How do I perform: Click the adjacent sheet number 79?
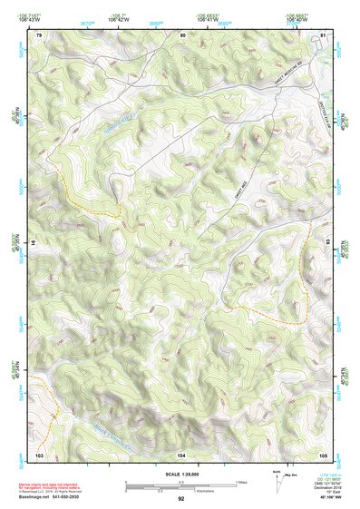pyautogui.click(x=39, y=34)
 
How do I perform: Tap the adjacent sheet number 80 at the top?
pyautogui.click(x=181, y=34)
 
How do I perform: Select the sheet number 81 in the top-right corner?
pyautogui.click(x=323, y=34)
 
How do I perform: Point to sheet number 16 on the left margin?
pyautogui.click(x=35, y=243)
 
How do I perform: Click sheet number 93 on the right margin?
pyautogui.click(x=327, y=243)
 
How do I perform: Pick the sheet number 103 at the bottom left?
pyautogui.click(x=39, y=454)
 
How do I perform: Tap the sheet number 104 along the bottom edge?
pyautogui.click(x=181, y=454)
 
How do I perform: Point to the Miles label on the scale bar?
pyautogui.click(x=240, y=481)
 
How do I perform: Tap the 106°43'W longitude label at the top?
pyautogui.click(x=119, y=18)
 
